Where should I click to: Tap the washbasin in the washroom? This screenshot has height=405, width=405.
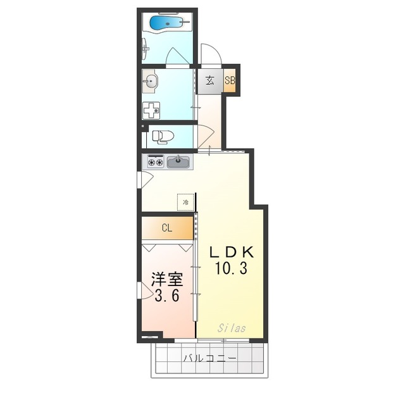152,80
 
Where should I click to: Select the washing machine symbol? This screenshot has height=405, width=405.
151,110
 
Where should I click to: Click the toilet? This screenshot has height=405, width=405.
164,136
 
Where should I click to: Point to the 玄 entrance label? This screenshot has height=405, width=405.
209,80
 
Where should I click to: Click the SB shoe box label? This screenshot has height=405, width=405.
230,80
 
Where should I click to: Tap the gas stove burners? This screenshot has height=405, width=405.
155,162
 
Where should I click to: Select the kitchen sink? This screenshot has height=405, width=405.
178,162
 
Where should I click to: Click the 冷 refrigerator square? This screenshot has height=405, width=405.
185,202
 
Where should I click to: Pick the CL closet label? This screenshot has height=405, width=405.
166,228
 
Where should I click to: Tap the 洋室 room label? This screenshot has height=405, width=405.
167,279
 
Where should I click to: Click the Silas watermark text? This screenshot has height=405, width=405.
232,328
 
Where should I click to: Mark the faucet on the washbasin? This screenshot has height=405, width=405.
146,80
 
